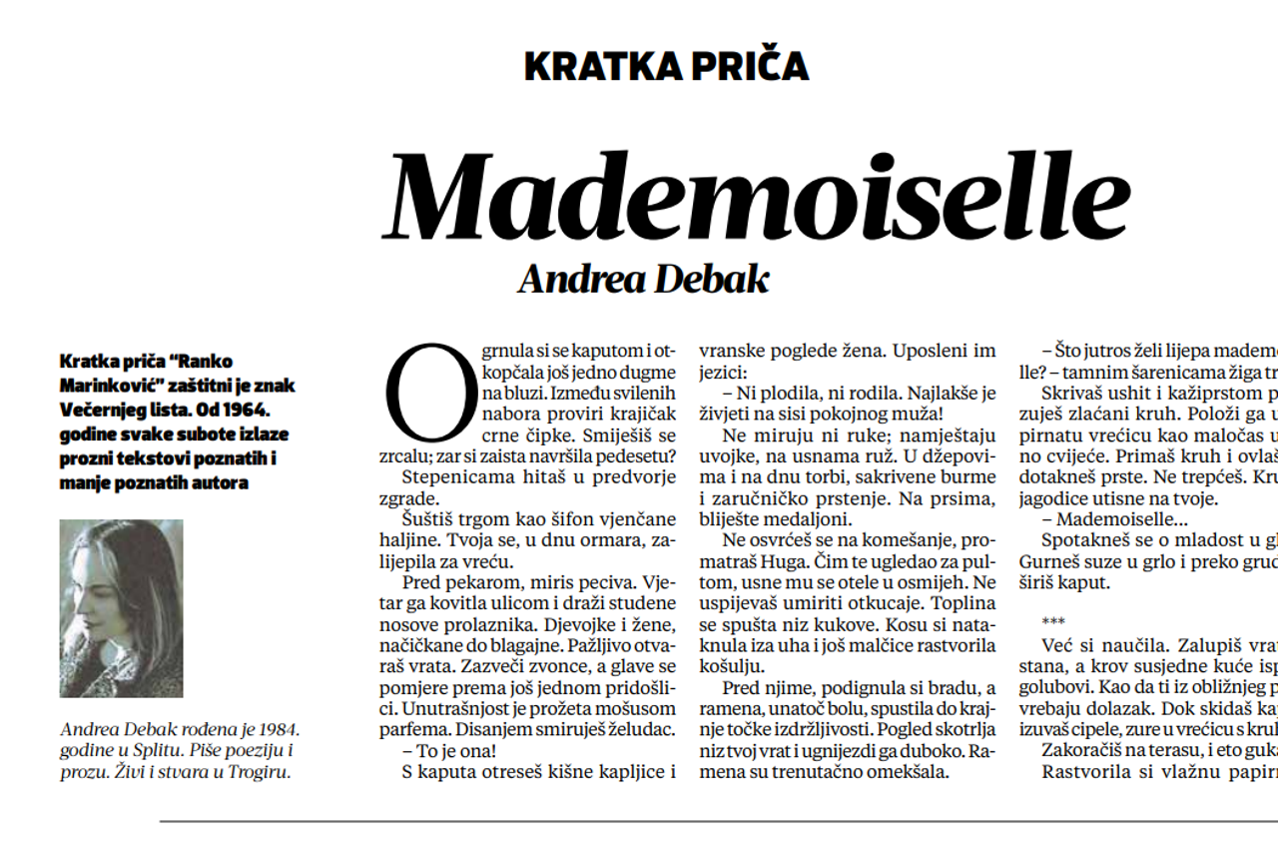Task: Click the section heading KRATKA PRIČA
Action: tap(666, 66)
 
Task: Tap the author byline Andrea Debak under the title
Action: tap(643, 279)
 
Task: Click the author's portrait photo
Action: tap(121, 607)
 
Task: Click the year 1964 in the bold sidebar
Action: tap(251, 410)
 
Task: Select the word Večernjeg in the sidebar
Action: tap(105, 410)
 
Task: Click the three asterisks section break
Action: tap(1052, 621)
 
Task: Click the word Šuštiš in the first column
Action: tap(430, 518)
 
